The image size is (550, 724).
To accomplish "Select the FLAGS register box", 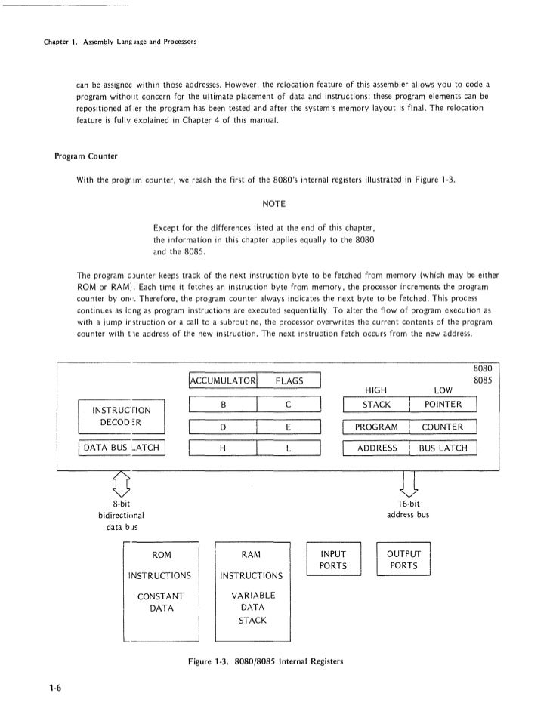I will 289,380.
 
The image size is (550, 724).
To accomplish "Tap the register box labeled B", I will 224,405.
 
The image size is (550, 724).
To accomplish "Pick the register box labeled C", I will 289,405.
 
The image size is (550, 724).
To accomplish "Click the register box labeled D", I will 224,427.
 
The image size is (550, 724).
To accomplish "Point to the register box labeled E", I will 289,427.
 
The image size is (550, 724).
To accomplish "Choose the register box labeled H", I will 224,448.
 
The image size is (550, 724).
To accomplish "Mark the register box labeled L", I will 289,448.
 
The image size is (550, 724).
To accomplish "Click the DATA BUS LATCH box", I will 122,448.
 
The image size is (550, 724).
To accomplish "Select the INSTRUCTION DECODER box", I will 122,416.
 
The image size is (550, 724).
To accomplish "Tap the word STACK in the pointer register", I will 376,405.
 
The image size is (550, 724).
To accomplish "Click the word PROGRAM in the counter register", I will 376,427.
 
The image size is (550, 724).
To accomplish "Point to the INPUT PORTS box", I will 334,559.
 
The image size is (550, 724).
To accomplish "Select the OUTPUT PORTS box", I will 403,559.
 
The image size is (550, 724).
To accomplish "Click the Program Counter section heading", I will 85,157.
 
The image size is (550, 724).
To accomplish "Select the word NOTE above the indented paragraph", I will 273,203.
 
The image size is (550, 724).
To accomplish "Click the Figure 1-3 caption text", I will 266,661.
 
